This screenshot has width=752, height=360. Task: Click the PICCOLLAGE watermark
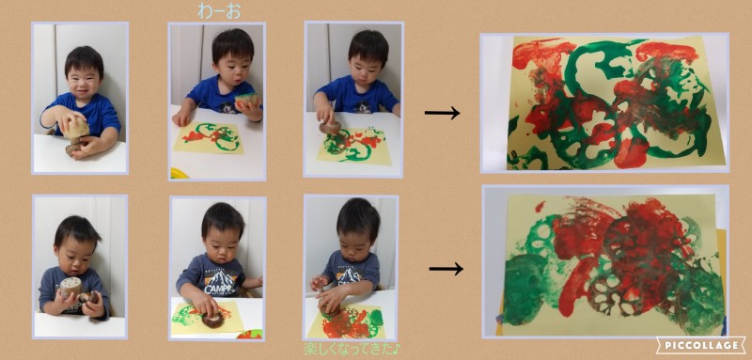700,345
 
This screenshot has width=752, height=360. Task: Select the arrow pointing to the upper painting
442,113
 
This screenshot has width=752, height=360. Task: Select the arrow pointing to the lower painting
446,269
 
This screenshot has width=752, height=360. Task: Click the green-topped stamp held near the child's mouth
247,100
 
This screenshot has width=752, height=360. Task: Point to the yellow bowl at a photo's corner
179,173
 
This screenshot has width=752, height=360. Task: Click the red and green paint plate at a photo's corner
249,334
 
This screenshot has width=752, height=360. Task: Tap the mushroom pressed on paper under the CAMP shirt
212,320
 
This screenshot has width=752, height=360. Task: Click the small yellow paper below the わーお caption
209,137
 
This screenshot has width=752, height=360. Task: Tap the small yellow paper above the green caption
347,322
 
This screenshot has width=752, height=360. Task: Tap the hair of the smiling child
85,60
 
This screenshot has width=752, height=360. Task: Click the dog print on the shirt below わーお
229,106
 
